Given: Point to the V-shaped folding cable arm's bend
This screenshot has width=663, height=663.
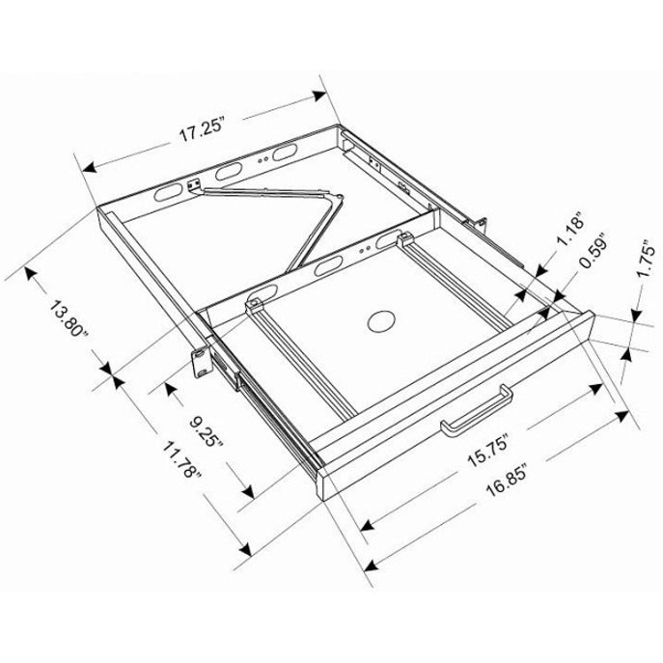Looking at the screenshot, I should pos(339,198).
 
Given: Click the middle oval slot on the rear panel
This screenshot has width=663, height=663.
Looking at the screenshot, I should pos(232,171).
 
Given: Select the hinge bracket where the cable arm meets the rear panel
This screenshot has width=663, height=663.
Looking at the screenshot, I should pos(196,186).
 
